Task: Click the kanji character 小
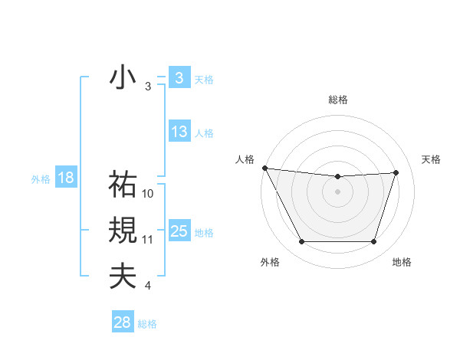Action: tap(123, 79)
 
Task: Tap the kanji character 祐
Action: tap(123, 184)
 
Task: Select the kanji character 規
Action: tap(123, 230)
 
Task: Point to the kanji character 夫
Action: tap(123, 276)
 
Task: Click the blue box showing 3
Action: tap(179, 78)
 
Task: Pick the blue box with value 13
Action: tap(179, 132)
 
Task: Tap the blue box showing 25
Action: tap(179, 231)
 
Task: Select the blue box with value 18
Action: tap(65, 178)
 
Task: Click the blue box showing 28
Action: tap(122, 322)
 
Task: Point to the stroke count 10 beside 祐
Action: tap(148, 194)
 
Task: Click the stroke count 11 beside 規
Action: tap(148, 240)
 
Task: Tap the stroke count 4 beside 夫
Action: tap(147, 286)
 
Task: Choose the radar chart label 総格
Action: tap(338, 100)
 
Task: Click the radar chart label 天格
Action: tap(431, 159)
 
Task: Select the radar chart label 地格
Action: tap(402, 262)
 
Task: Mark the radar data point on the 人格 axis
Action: tap(264, 168)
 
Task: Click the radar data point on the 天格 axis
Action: tap(396, 172)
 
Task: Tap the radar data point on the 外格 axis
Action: tap(301, 242)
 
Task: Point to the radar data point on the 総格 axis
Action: tap(338, 176)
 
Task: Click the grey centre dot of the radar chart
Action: tap(338, 191)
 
